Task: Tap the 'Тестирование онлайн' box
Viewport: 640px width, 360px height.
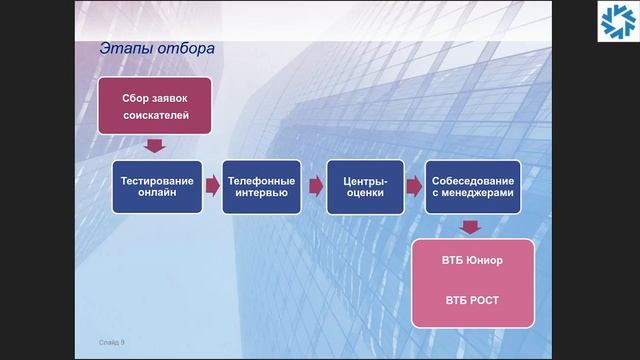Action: coord(158,187)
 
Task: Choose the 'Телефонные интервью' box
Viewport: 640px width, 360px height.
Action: coord(262,187)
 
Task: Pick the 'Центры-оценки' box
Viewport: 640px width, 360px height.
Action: coord(364,187)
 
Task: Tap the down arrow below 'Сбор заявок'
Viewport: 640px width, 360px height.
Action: coord(153,147)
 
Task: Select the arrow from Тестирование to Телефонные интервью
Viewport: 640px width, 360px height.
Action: coord(211,186)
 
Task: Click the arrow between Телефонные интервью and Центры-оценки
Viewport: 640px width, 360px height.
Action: coord(315,186)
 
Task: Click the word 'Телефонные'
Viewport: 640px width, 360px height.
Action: coord(262,180)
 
